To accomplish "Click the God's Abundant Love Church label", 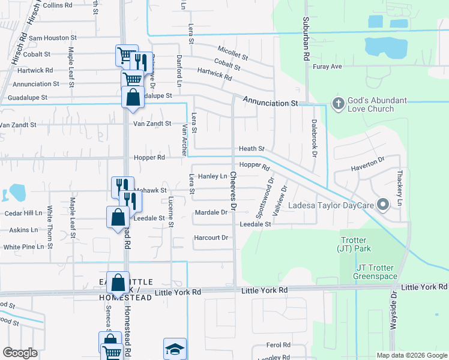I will (x=370, y=104).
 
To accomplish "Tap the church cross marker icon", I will (x=338, y=104).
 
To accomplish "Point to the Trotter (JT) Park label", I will (x=355, y=244).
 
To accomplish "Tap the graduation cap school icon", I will (x=175, y=349).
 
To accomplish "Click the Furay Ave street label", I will (x=327, y=67).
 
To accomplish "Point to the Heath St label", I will (x=252, y=148).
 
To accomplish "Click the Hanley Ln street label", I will (x=213, y=176).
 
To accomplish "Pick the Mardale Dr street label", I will (x=211, y=212).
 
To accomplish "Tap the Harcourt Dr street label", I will (x=211, y=238).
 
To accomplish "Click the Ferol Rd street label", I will (x=279, y=345).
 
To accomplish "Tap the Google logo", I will (x=20, y=353).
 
